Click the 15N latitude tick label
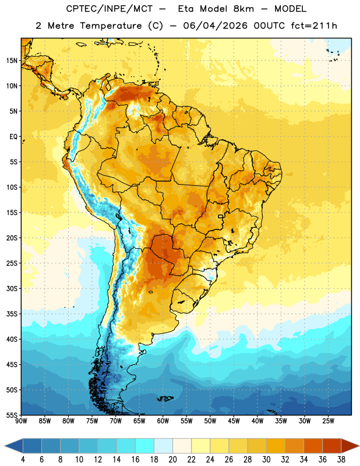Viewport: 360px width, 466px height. (12, 61)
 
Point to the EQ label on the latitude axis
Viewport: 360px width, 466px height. (13, 137)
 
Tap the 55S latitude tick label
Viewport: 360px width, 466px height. (12, 415)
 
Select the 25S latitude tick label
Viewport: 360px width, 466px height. (12, 263)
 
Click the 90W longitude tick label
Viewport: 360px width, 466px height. (21, 421)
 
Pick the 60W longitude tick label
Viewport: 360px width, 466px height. (163, 421)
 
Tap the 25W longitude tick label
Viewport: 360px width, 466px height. (328, 421)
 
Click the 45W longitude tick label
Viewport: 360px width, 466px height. (234, 421)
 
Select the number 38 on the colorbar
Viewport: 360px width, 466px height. (341, 460)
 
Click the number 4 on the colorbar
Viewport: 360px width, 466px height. (23, 460)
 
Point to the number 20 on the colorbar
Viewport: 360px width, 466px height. (172, 460)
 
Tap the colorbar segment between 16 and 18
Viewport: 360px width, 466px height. (145, 446)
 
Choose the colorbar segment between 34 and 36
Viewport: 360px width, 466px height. (313, 446)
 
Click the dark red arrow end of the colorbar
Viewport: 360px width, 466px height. (350, 446)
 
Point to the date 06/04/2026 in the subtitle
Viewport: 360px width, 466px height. (215, 26)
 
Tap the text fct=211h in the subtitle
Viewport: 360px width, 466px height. (314, 26)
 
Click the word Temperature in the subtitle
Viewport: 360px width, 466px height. (111, 26)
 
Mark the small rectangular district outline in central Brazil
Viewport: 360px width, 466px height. (221, 216)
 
